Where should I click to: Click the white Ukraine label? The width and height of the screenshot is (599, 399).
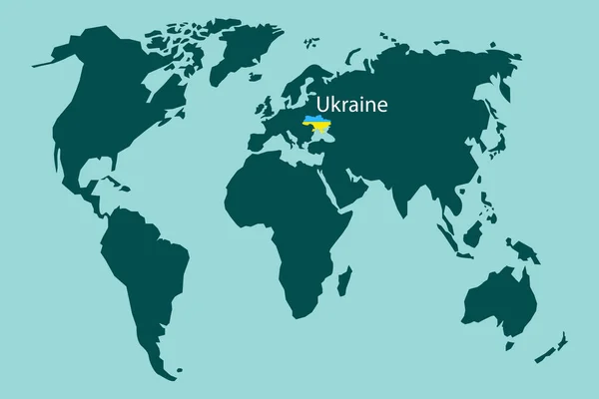(x=352, y=104)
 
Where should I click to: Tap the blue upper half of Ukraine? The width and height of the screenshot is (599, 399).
(x=318, y=122)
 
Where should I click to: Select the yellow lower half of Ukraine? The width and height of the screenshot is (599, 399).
(x=318, y=130)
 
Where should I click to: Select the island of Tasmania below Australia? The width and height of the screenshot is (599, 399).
(x=510, y=343)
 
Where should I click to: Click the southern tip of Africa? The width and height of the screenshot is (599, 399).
(x=299, y=315)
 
